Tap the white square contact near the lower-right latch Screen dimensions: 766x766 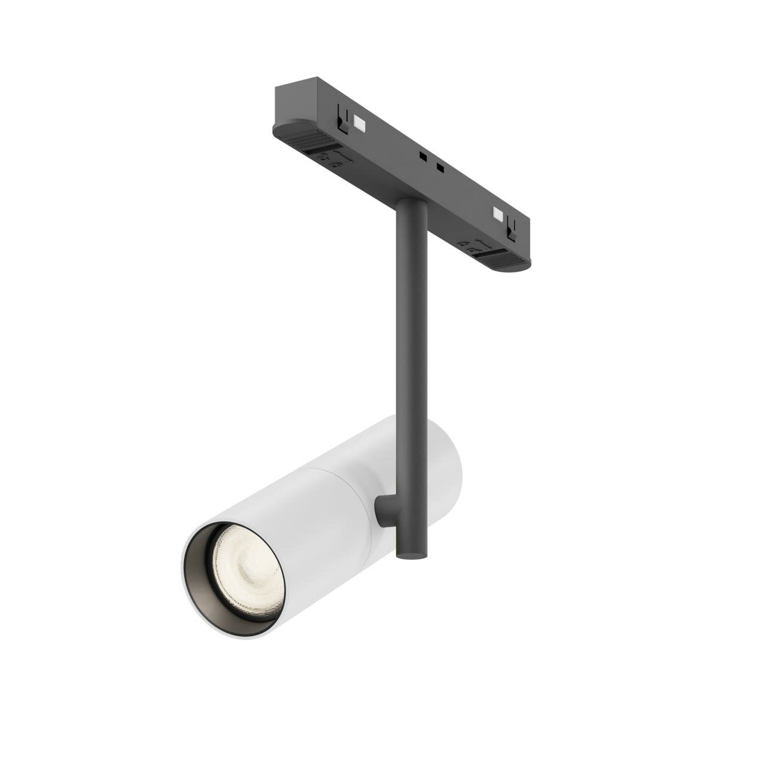point(497,214)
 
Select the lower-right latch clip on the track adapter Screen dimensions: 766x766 point(511,227)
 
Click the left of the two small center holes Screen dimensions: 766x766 point(422,157)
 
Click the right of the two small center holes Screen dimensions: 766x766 point(440,167)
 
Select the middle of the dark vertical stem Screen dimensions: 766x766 point(411,359)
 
